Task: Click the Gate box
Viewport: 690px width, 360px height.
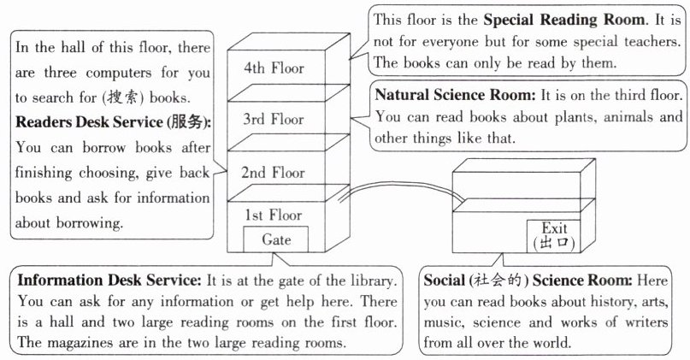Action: pyautogui.click(x=276, y=239)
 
